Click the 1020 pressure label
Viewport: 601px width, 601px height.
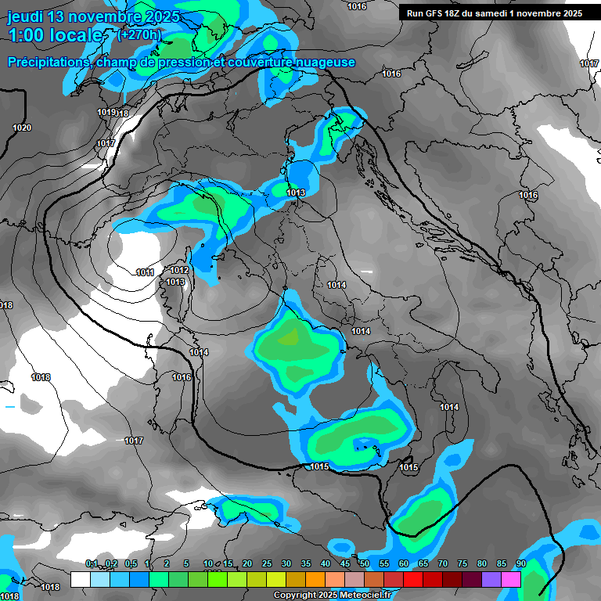click(x=22, y=128)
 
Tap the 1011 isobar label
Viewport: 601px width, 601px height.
click(x=145, y=272)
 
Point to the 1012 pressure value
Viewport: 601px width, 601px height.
click(x=179, y=270)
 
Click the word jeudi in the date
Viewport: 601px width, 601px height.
click(x=25, y=16)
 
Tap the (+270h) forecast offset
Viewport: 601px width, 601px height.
click(x=139, y=34)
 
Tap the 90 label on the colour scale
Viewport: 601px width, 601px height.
click(x=521, y=563)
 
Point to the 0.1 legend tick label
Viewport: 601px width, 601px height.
click(x=91, y=563)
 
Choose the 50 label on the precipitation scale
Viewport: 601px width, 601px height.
click(x=365, y=563)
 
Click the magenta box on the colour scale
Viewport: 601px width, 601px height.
click(x=511, y=579)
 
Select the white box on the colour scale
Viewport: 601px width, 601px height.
click(x=80, y=579)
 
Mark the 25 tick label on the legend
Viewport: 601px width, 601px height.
click(x=267, y=563)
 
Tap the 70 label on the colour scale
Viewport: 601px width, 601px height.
click(x=443, y=563)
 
